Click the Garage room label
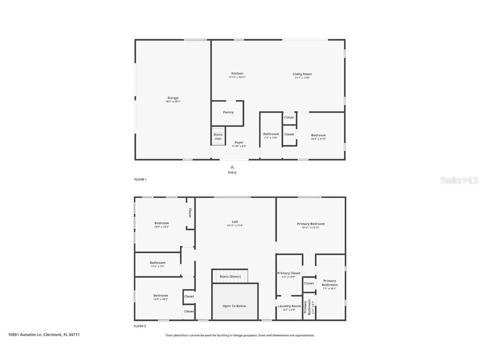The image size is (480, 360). coord(173,98)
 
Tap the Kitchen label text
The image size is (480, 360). coord(237,74)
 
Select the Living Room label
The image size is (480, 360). coord(302,74)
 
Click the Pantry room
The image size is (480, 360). coord(228,112)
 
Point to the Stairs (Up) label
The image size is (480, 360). coord(218,136)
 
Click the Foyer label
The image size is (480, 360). coord(239,142)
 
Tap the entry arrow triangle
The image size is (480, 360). coord(232,167)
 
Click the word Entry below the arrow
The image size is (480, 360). coord(232,172)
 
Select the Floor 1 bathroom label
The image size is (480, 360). coord(271,134)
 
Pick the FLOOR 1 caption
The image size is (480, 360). coord(140,180)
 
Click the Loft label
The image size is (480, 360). coord(235,222)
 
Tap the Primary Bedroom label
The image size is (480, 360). coord(310,224)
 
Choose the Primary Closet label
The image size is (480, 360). coord(289,273)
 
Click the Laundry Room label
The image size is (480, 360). coord(289,306)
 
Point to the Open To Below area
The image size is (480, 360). coord(234,306)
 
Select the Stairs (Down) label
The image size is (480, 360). coord(230,277)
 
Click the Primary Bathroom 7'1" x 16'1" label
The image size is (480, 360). coord(329,283)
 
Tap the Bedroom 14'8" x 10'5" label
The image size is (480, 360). coord(160,296)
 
